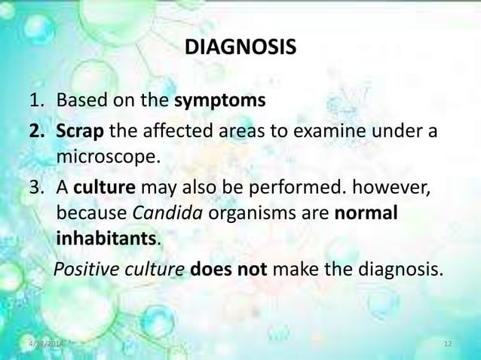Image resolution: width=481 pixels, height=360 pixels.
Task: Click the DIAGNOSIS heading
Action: coord(240,49)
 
